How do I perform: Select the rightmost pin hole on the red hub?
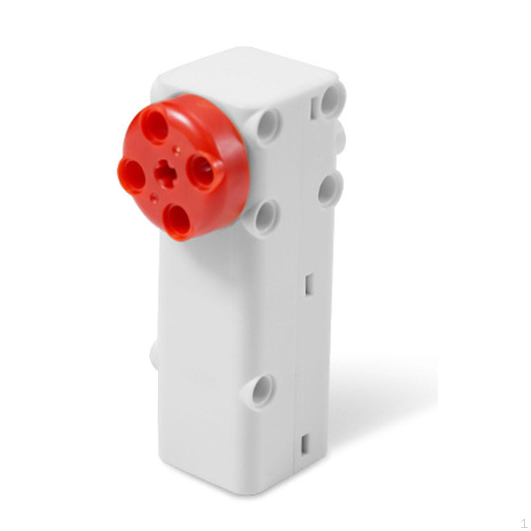[x=203, y=169]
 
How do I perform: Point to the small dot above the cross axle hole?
[x=177, y=151]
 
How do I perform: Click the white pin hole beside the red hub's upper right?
[x=267, y=126]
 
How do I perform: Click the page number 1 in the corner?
[x=524, y=524]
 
